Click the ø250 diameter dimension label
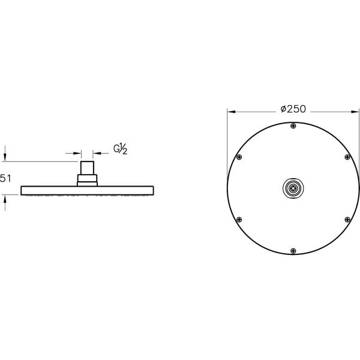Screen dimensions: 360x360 [x=293, y=109]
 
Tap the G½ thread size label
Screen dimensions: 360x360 [x=121, y=149]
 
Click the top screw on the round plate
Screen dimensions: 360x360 [x=293, y=125]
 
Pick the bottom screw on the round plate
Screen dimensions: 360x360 [x=293, y=251]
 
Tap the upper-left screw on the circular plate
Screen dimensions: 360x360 [x=239, y=157]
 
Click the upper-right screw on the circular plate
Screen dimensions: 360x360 [x=347, y=157]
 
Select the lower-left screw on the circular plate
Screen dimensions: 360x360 [x=239, y=220]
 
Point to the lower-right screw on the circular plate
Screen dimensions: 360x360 [x=347, y=220]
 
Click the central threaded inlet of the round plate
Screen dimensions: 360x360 [x=293, y=188]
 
